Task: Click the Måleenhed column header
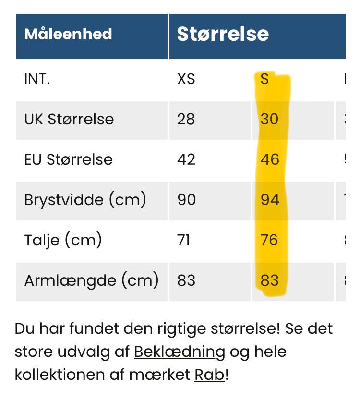coord(68,34)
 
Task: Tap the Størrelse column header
coord(223,34)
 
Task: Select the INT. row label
coord(37,79)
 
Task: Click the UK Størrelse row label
coord(69,119)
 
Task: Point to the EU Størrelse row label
coord(68,159)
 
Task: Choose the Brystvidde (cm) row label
coord(85,199)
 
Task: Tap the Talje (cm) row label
coord(63,239)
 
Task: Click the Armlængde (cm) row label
coord(91,279)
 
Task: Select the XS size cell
coord(186,79)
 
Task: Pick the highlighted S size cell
coord(264,79)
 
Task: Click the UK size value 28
coord(186,119)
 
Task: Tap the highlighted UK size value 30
coord(269,119)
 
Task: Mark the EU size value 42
coord(186,159)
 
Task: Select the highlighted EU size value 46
coord(270,159)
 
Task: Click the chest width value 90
coord(186,199)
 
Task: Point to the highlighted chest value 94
coord(270,199)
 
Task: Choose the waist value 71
coord(184,239)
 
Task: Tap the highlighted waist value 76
coord(269,239)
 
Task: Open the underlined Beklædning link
coord(179,352)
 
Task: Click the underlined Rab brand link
coord(209,375)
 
